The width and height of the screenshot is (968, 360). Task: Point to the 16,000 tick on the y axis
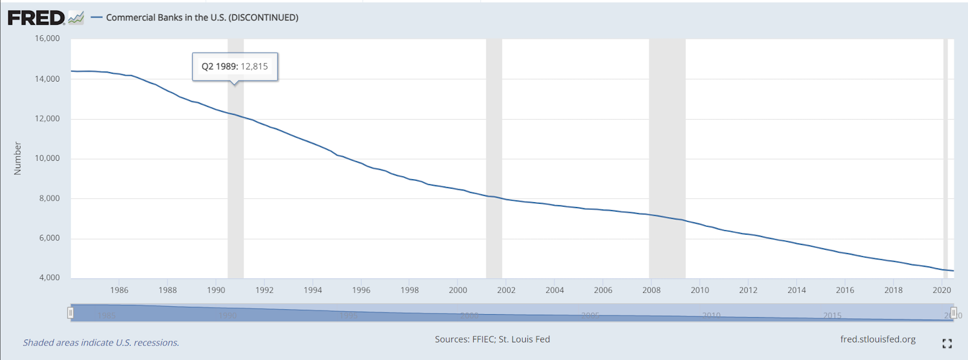point(47,38)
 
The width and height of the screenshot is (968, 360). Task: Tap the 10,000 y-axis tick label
point(47,159)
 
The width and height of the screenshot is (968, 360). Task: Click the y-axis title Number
point(18,159)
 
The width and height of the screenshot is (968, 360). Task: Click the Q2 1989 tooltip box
point(235,67)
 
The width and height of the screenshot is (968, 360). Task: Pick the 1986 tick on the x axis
point(119,290)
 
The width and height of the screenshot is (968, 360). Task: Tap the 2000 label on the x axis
point(458,290)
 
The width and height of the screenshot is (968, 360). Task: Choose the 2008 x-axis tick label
point(652,290)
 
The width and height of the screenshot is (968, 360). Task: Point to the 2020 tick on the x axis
point(941,290)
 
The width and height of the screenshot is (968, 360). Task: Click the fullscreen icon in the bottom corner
point(947,344)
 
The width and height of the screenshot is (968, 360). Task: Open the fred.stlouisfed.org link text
point(878,339)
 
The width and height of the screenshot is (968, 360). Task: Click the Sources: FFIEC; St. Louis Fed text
point(492,339)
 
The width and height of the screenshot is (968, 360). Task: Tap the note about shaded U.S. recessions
point(101,342)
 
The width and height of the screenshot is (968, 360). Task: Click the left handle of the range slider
point(71,313)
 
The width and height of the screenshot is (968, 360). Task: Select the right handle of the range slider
point(953,313)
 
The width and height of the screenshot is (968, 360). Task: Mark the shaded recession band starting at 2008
point(667,157)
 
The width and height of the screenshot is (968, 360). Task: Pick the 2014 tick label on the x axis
point(797,290)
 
